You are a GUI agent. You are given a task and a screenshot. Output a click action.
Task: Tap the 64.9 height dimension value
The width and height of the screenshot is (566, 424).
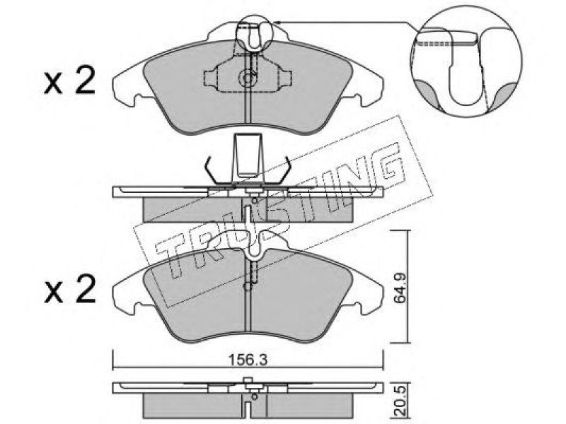(x=400, y=288)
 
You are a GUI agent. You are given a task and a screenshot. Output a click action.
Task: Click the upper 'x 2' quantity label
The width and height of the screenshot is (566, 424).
(x=69, y=81)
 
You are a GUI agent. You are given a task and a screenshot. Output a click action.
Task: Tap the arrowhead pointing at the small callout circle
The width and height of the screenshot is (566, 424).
(x=277, y=23)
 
